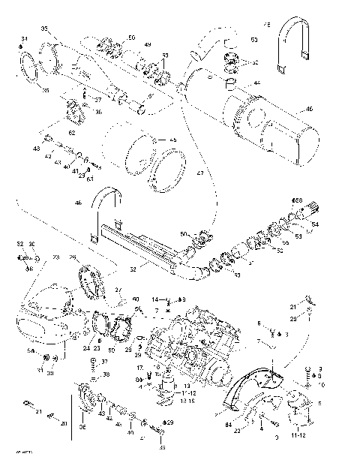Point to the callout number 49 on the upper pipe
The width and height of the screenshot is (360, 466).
148,46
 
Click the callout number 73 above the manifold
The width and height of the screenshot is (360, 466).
55,257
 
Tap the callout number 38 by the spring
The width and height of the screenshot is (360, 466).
106,374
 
